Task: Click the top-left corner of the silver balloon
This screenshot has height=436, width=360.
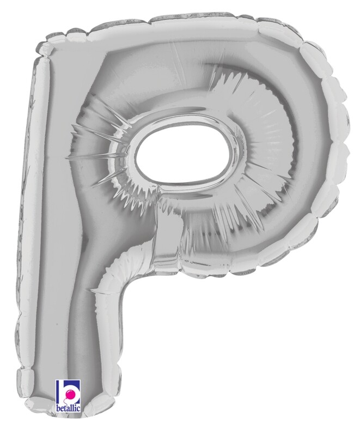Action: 41,46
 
